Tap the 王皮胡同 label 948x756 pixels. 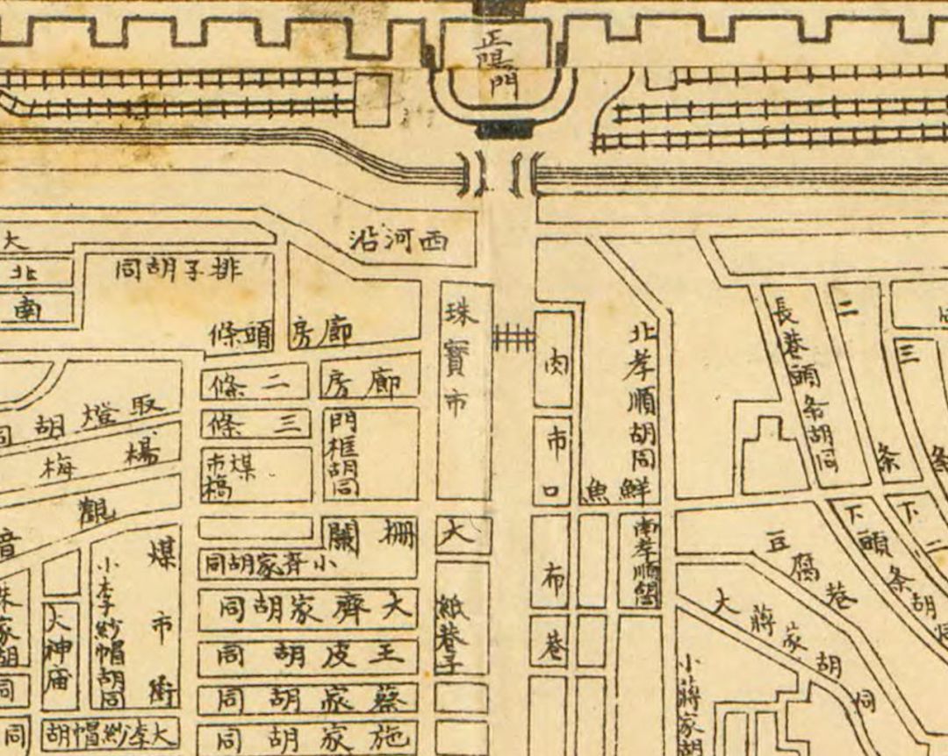[307, 653]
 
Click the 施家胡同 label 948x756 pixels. [307, 734]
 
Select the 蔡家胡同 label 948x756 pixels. [307, 699]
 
